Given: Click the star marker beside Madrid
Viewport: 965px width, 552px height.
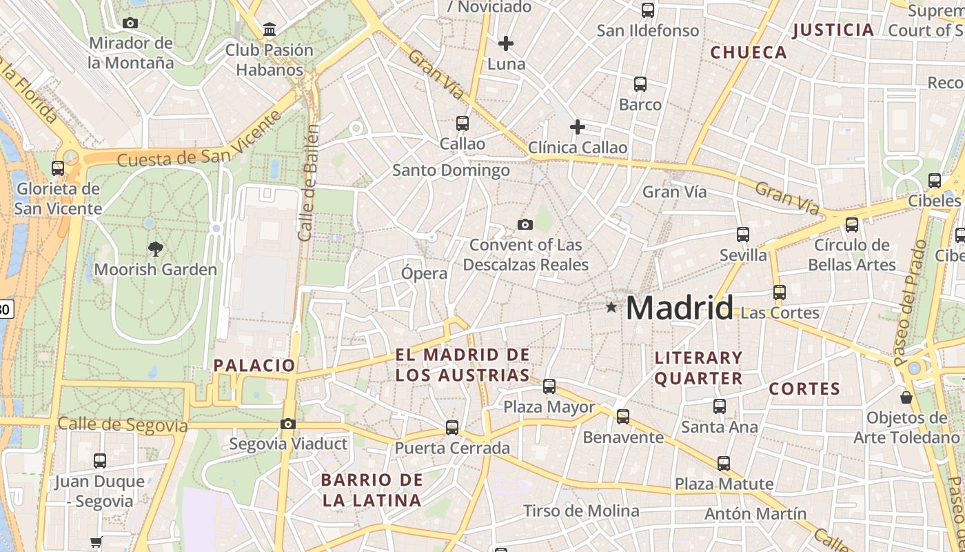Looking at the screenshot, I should [x=611, y=307].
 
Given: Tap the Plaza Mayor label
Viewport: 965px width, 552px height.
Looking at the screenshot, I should [x=549, y=407].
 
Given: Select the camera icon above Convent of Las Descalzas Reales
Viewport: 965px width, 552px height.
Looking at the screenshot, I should [x=525, y=224].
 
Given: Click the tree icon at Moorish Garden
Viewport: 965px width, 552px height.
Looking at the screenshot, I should [x=156, y=248].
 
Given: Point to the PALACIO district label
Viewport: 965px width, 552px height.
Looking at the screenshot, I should [x=254, y=366].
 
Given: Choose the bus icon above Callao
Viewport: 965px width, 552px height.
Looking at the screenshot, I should [x=463, y=124].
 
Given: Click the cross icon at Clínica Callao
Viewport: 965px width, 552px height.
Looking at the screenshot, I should [x=578, y=127].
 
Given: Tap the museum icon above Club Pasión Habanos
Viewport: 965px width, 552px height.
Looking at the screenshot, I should [x=270, y=30].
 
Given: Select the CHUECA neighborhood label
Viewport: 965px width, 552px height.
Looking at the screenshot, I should [x=749, y=52].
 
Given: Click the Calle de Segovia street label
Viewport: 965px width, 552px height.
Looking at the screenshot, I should [x=123, y=424].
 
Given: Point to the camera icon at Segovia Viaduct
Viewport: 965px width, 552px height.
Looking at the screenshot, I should [x=288, y=424].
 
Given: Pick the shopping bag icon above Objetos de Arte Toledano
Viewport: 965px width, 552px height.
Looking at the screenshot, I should [x=906, y=397].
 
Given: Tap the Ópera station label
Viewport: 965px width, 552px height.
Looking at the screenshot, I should [x=425, y=273].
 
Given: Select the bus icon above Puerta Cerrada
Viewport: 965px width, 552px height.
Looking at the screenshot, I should [x=452, y=428].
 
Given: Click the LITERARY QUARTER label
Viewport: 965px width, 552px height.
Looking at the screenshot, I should [x=698, y=368].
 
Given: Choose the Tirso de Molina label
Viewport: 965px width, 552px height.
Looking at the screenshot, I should [x=581, y=511].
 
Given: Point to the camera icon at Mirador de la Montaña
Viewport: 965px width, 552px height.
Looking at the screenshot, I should [x=130, y=23].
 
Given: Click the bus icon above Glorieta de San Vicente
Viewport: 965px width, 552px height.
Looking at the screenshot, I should [x=58, y=168].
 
